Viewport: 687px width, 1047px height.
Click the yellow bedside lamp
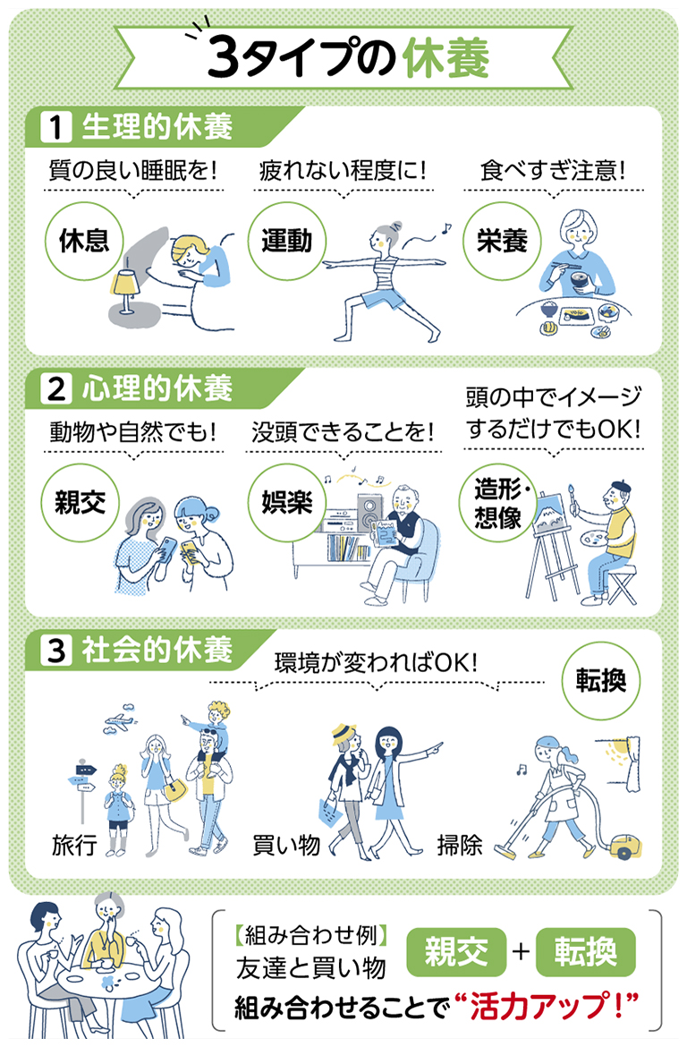tap(124, 290)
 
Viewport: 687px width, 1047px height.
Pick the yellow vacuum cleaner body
tap(625, 846)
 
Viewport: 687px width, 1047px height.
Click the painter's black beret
tap(620, 484)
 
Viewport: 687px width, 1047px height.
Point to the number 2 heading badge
tap(56, 388)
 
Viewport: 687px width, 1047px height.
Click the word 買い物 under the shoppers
tap(287, 846)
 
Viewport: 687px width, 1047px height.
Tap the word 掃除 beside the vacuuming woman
tap(460, 845)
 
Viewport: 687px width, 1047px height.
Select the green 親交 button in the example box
tap(457, 951)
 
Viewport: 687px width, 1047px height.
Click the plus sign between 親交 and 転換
tap(521, 951)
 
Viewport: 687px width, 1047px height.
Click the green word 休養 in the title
tap(446, 56)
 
